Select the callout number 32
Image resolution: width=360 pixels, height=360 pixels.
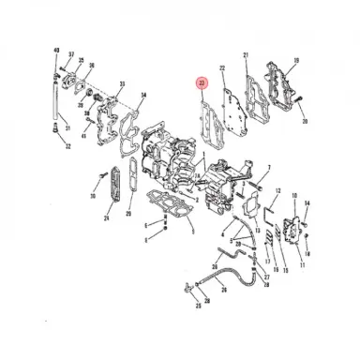pos(67,147)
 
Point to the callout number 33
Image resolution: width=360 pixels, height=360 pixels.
pos(122,85)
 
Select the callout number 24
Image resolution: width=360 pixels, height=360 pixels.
pos(106,218)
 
